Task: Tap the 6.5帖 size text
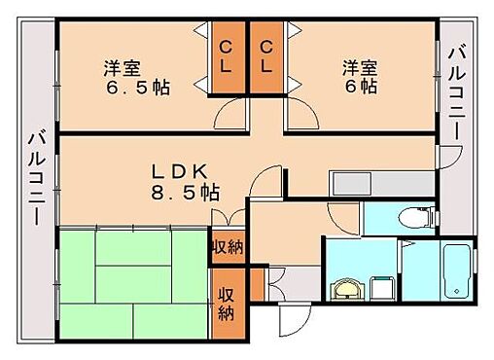[x=137, y=88]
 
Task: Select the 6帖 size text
[x=358, y=88]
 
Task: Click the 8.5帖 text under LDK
[x=185, y=192]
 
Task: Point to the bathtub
[x=455, y=271]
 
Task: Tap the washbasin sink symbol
[x=345, y=289]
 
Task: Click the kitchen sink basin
[x=347, y=183]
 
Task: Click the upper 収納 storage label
[x=228, y=246]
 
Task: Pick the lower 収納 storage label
[x=227, y=303]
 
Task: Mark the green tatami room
[x=132, y=283]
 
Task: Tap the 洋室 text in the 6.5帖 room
[x=123, y=68]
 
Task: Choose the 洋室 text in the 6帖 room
[x=359, y=68]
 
